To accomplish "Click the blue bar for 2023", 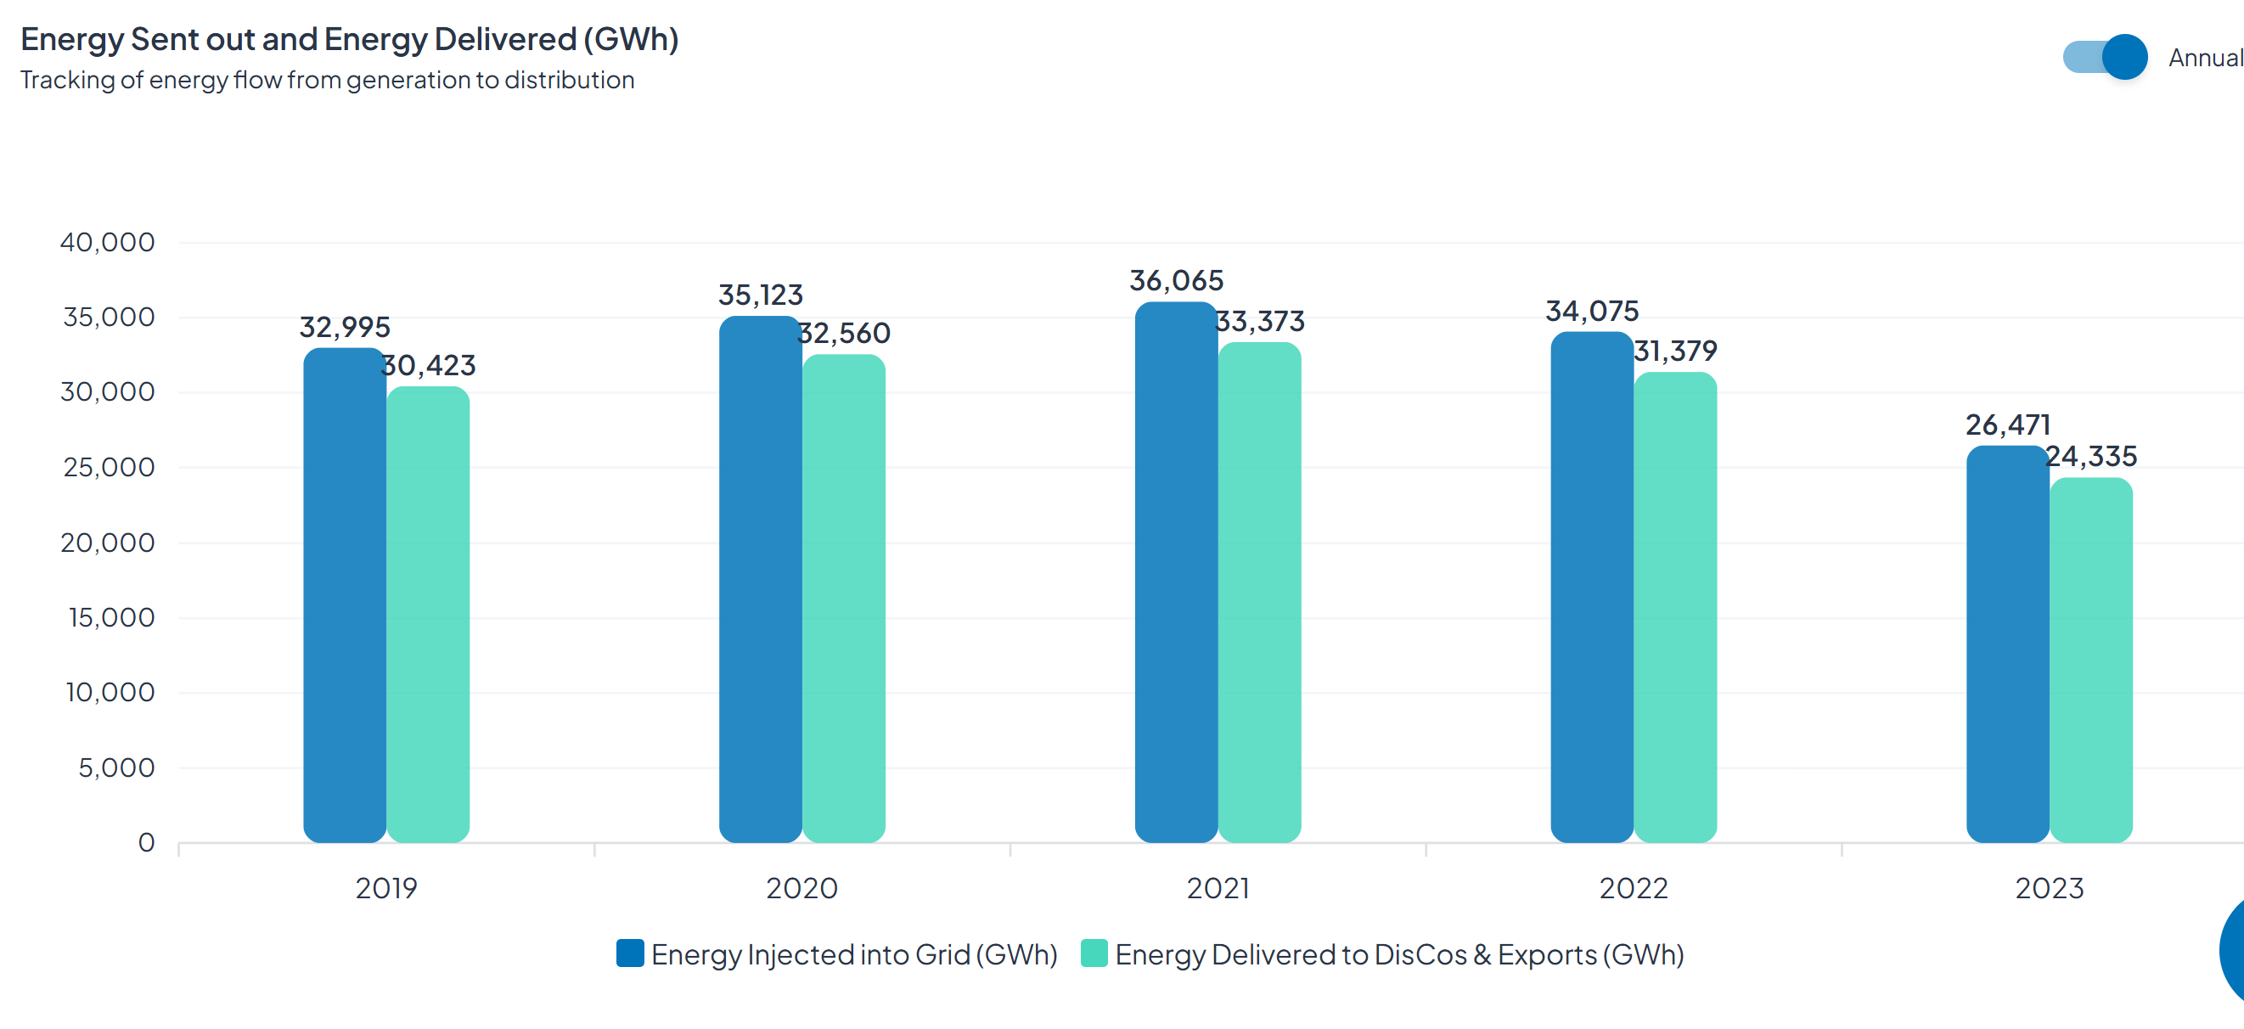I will tap(2006, 644).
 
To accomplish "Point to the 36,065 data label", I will tap(1176, 280).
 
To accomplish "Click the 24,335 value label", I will tap(2090, 456).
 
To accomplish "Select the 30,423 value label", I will tap(429, 365).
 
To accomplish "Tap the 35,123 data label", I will tap(761, 295).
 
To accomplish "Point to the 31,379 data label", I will tap(1674, 351).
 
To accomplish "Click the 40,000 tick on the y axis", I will tap(107, 242).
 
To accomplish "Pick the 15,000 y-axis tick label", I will tap(111, 618).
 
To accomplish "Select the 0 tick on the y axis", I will tap(146, 842).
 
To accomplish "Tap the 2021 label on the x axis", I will tap(1218, 888).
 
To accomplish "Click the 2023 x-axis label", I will tap(2049, 888).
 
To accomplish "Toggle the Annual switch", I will tap(2105, 58).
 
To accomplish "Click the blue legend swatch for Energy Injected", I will tap(630, 953).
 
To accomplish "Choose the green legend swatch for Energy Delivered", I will tap(1094, 953).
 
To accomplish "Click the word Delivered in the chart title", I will tap(505, 39).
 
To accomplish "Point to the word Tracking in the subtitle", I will tap(67, 80).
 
